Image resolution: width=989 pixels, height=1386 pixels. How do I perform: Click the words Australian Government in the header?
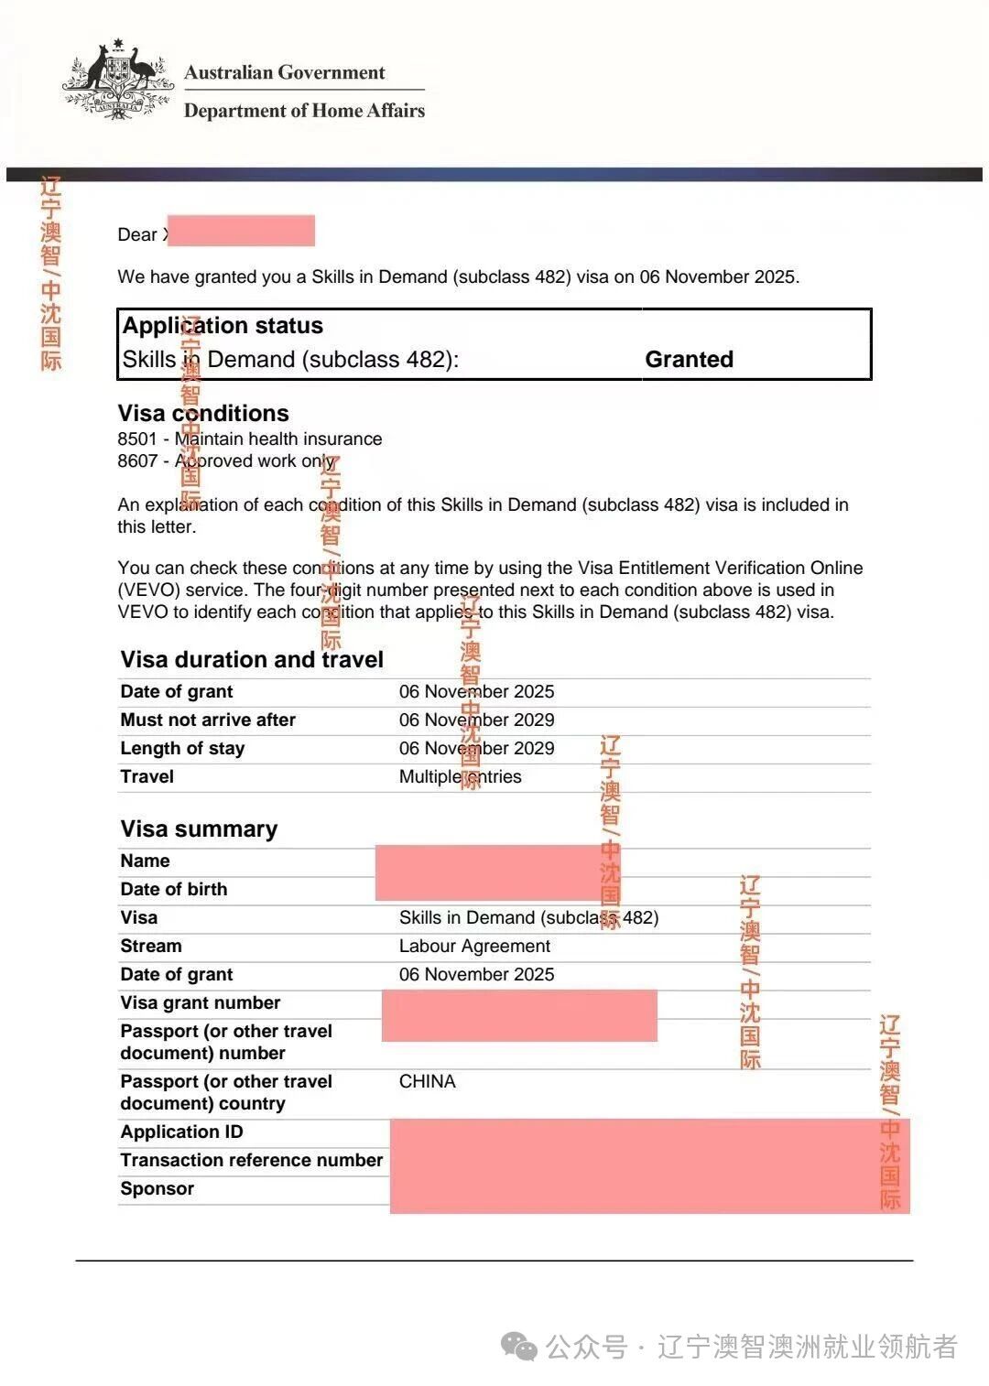[285, 72]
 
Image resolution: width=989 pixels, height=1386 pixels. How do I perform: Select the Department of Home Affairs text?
[304, 111]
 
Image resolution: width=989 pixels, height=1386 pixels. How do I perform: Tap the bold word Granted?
[689, 359]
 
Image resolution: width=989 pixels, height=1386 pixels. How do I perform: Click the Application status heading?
[223, 326]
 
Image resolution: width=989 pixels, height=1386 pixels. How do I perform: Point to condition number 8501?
[137, 439]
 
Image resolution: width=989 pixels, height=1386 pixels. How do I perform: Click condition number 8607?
[137, 460]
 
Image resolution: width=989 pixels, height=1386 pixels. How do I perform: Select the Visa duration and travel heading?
[252, 659]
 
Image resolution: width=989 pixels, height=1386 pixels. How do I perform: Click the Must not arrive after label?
[208, 720]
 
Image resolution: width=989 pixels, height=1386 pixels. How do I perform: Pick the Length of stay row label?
[182, 748]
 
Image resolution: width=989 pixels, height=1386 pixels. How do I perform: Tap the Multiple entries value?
[460, 776]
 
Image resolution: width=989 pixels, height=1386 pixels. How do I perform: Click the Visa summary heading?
[199, 828]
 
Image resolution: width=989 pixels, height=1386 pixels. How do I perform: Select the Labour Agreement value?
[474, 946]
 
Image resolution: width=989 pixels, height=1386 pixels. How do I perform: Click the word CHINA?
[427, 1081]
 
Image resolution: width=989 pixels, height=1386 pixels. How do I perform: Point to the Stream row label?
[151, 946]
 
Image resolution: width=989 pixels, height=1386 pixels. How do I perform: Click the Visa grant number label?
[201, 1002]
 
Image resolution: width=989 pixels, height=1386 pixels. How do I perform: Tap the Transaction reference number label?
[251, 1160]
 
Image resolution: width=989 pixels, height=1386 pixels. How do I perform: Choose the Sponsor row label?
[157, 1188]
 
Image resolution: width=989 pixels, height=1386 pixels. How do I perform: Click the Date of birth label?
[173, 889]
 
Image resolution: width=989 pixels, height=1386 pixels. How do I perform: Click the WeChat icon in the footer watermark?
[519, 1346]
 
